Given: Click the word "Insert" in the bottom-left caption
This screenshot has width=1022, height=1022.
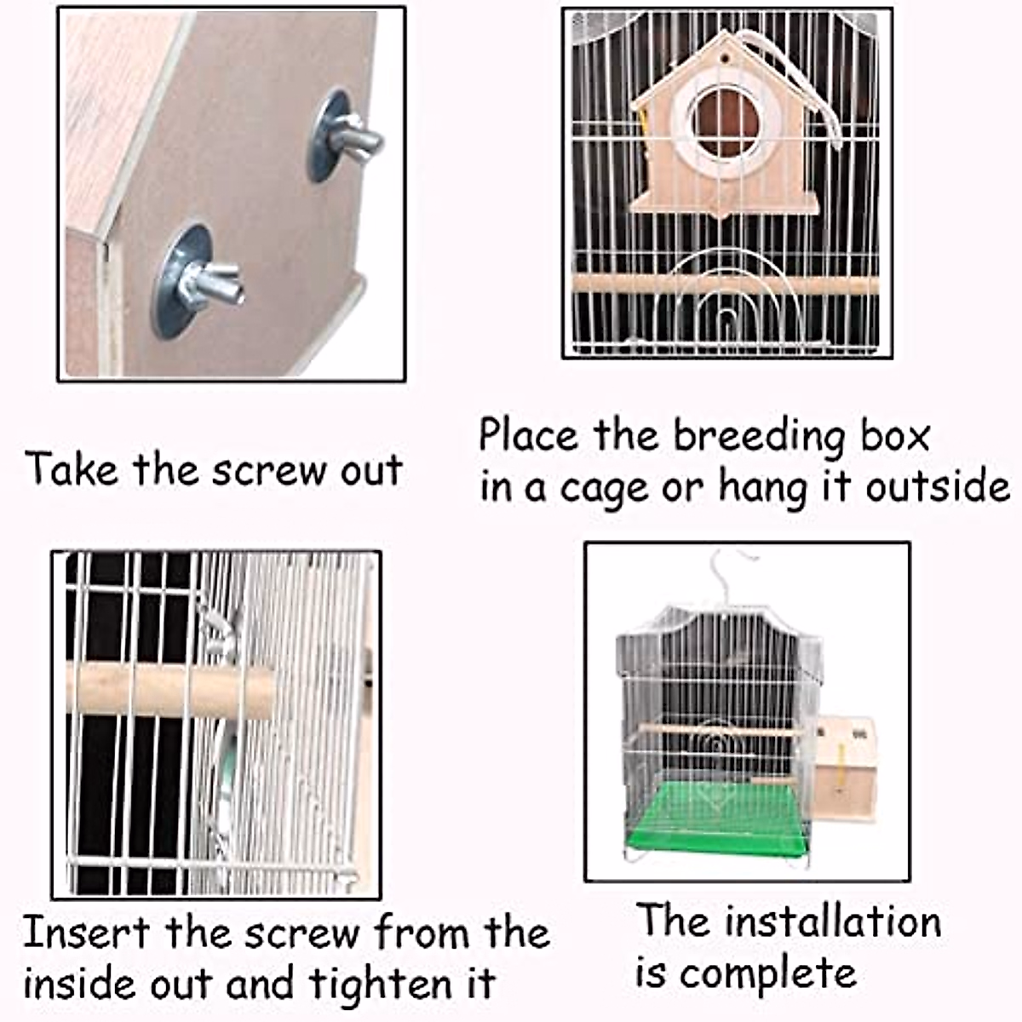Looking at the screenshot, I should click(86, 933).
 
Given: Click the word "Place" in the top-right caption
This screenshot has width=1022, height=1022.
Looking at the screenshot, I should click(528, 436).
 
